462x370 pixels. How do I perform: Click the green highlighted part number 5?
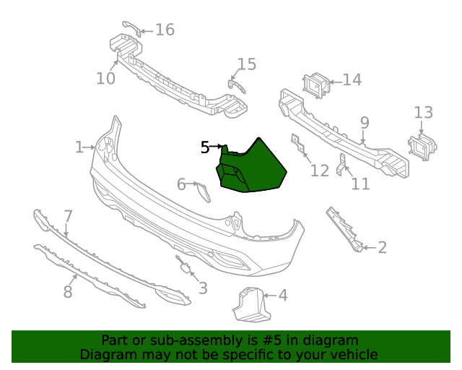[252, 168]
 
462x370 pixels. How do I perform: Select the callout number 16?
[165, 30]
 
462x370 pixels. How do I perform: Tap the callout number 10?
[105, 78]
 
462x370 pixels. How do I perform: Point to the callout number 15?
[247, 64]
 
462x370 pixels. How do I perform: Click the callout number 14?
[352, 79]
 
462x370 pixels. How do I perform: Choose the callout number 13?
[423, 112]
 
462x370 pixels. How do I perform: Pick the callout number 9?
[365, 122]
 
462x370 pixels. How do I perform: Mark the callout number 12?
[319, 171]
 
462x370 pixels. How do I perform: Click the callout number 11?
[360, 184]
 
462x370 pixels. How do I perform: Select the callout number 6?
[181, 185]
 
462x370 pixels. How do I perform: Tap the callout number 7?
[68, 215]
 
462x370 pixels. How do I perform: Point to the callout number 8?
[68, 292]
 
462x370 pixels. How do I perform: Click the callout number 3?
[203, 288]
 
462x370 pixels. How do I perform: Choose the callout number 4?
[282, 295]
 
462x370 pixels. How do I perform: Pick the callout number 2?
[382, 248]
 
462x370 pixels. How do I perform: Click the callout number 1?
[79, 147]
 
